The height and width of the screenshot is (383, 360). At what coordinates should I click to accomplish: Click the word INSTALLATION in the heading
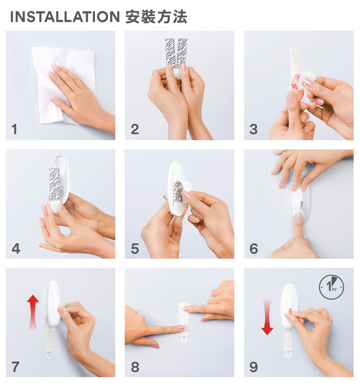[x=65, y=17]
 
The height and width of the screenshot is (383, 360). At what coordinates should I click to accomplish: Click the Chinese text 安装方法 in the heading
[x=156, y=17]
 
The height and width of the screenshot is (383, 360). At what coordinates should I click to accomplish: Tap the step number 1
[x=15, y=129]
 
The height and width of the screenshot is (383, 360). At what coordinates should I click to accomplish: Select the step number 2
[x=135, y=129]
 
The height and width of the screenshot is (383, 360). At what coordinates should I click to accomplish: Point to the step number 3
[x=254, y=129]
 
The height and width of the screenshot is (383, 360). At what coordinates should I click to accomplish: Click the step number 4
[x=16, y=249]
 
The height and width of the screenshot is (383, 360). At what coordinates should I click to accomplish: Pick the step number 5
[x=135, y=249]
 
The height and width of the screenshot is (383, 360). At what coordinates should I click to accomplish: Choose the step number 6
[x=254, y=249]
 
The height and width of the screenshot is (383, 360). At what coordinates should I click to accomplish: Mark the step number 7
[x=15, y=367]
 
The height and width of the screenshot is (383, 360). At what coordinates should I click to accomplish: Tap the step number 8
[x=135, y=367]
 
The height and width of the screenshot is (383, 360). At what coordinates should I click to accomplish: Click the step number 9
[x=254, y=367]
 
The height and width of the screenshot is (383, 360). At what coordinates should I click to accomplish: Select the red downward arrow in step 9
[x=267, y=317]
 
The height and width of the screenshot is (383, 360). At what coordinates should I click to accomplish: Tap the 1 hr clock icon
[x=331, y=287]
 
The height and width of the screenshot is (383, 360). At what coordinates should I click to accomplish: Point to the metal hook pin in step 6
[x=301, y=204]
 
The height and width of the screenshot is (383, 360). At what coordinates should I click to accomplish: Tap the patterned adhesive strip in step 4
[x=54, y=184]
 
